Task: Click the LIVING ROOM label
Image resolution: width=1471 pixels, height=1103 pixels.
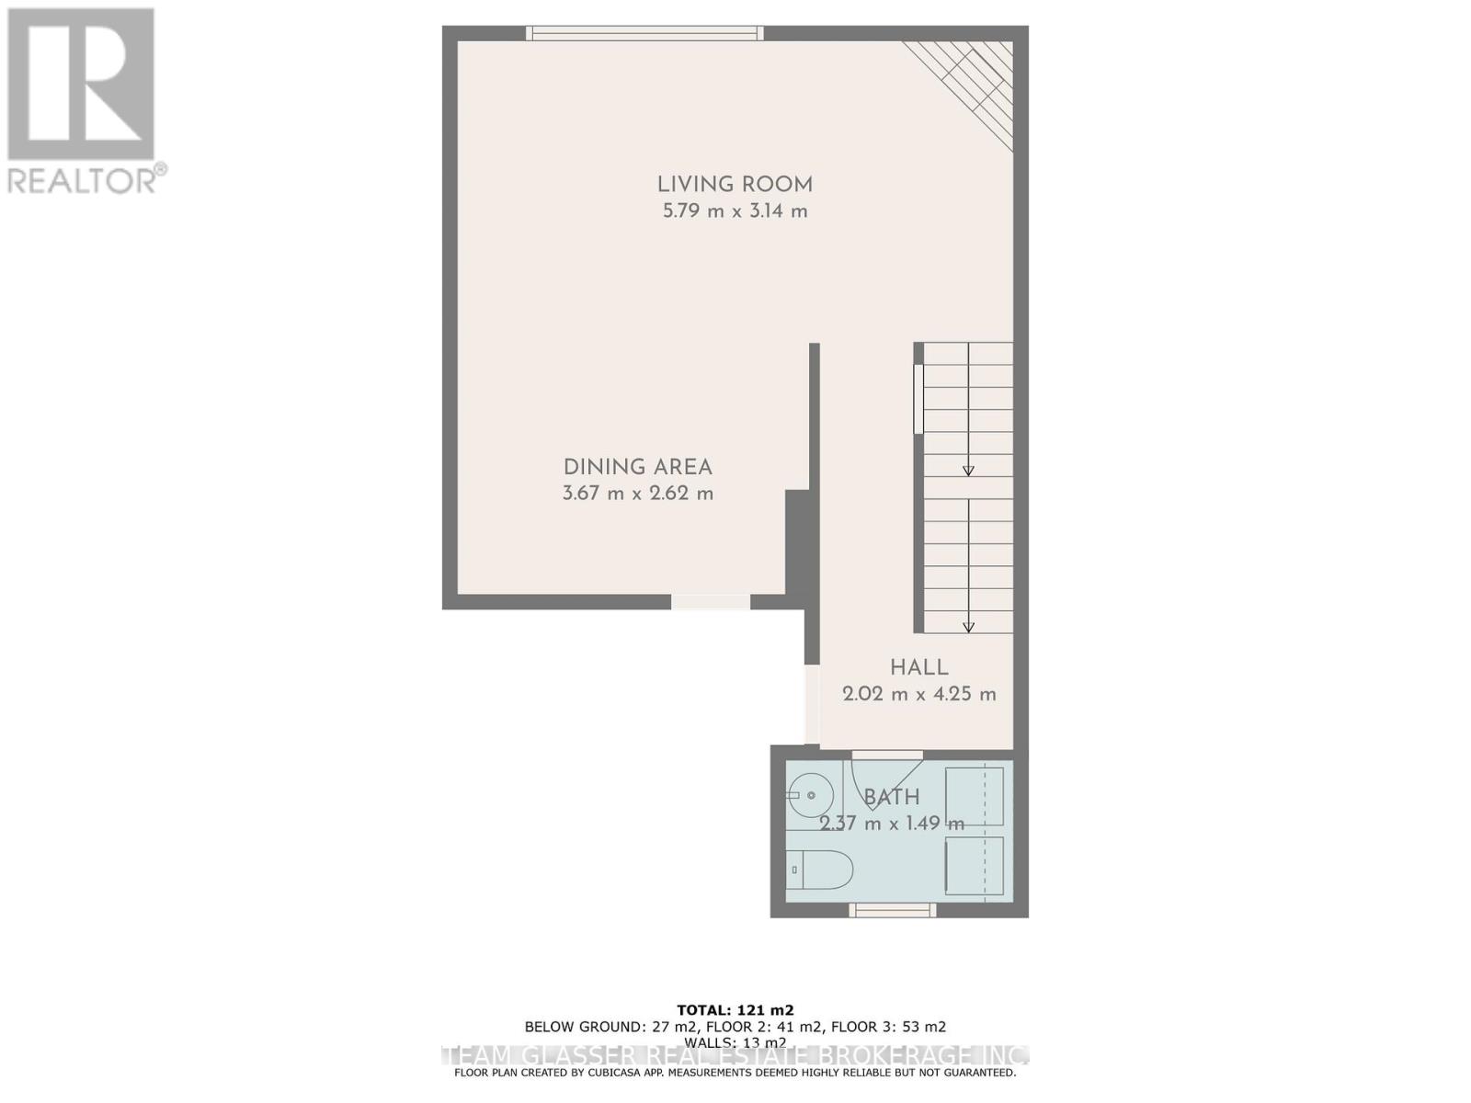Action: tap(735, 184)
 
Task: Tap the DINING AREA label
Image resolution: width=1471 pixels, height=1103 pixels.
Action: tap(637, 467)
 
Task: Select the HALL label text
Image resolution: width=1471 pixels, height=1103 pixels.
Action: tap(918, 667)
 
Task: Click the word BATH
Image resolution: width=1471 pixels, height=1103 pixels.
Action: tap(892, 797)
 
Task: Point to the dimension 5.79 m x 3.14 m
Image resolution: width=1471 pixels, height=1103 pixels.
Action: tap(735, 211)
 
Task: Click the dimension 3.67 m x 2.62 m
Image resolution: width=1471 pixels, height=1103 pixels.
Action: tap(637, 494)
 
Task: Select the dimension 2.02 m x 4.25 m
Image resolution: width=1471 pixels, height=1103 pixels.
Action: tap(918, 694)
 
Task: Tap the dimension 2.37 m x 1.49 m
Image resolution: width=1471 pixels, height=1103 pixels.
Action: tap(892, 824)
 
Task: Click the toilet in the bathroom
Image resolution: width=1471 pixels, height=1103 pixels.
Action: tap(820, 869)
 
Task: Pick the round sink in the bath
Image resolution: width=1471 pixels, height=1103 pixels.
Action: tap(810, 791)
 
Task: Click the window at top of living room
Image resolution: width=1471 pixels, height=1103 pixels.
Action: tap(644, 33)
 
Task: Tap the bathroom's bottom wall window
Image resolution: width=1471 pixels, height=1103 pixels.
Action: tap(892, 910)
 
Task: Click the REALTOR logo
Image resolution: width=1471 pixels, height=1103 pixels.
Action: tap(83, 101)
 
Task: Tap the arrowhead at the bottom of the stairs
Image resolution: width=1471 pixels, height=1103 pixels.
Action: tap(968, 627)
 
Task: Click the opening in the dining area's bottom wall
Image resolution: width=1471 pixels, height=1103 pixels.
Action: tap(710, 602)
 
